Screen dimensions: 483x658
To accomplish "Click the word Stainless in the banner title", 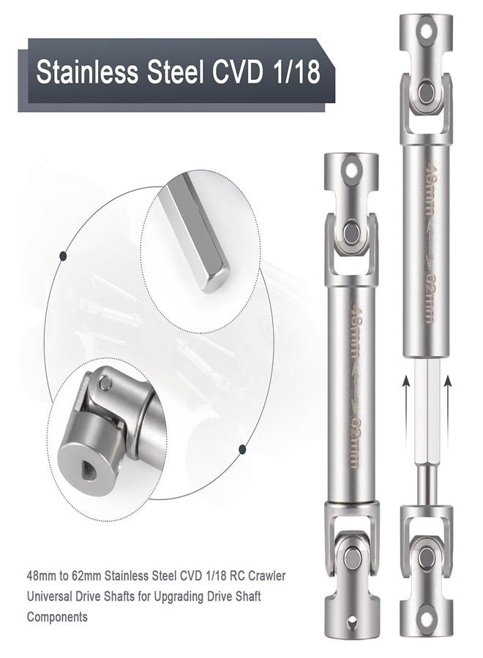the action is tap(87, 72).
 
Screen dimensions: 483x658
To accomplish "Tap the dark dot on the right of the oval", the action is tap(242, 450).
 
